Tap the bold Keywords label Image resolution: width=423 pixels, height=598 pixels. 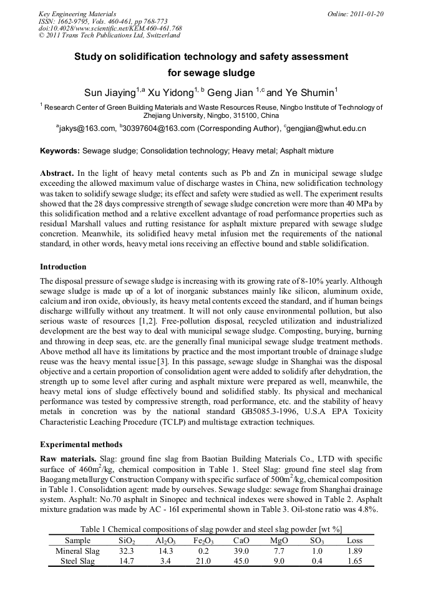tap(60, 151)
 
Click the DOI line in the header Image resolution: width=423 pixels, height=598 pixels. tap(110, 29)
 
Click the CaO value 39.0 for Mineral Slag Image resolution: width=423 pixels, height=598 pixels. tap(241, 551)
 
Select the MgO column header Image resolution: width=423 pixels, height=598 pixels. tap(279, 541)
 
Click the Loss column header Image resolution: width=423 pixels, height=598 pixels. tap(354, 541)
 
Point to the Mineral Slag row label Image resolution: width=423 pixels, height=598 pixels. tap(77, 551)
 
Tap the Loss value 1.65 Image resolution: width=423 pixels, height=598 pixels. tap(354, 561)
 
